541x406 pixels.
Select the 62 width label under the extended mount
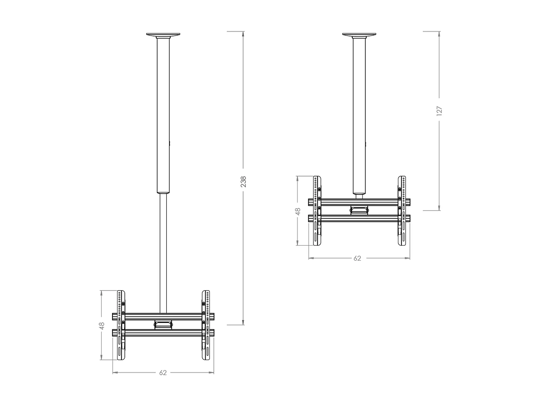click(163, 372)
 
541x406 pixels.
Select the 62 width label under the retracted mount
click(357, 258)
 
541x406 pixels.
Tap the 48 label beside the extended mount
click(102, 326)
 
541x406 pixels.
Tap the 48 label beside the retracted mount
click(298, 211)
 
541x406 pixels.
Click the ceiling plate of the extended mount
click(163, 35)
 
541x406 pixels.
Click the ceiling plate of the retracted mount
click(359, 35)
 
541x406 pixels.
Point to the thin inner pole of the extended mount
click(163, 253)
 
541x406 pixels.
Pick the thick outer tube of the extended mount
click(163, 115)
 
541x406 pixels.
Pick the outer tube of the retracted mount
click(359, 115)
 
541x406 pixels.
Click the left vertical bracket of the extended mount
click(121, 325)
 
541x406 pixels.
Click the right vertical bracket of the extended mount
click(206, 325)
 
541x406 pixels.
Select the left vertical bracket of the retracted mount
click(317, 211)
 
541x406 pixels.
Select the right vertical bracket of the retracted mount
click(402, 211)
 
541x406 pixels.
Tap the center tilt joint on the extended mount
click(163, 324)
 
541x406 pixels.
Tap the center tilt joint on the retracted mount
click(359, 210)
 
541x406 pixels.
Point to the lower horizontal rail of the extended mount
click(163, 333)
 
